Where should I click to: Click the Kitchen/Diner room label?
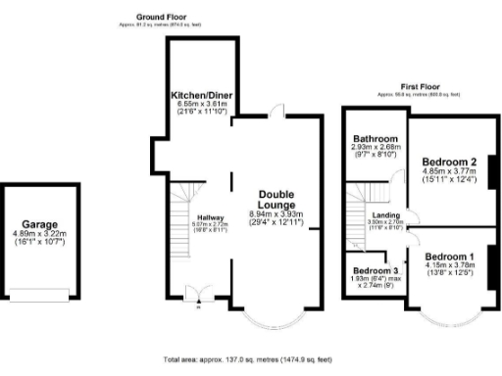(200, 94)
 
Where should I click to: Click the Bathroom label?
(375, 139)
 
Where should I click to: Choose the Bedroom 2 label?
(449, 162)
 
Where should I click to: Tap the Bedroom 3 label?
(375, 269)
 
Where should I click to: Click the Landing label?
(383, 215)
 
